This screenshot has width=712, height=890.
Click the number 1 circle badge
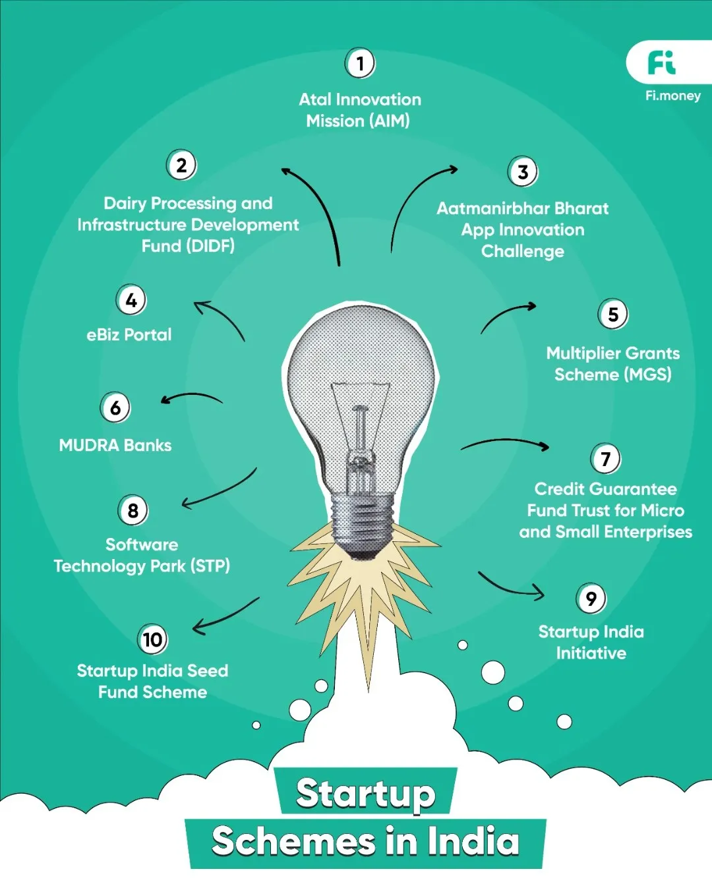click(360, 63)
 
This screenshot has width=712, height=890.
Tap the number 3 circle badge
click(523, 172)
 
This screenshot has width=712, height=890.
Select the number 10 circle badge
click(152, 639)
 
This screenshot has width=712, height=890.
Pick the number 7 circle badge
click(606, 459)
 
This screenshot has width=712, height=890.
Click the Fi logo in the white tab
click(661, 63)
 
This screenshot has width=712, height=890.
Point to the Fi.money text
click(672, 96)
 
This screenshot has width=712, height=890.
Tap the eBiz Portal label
click(129, 335)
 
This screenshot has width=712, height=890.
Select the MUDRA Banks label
click(115, 446)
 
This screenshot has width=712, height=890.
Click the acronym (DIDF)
click(210, 246)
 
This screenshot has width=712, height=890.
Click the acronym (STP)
click(210, 566)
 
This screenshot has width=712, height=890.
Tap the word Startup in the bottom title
click(365, 793)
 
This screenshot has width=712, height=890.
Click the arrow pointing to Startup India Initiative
click(511, 588)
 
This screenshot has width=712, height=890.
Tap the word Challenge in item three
click(523, 251)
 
